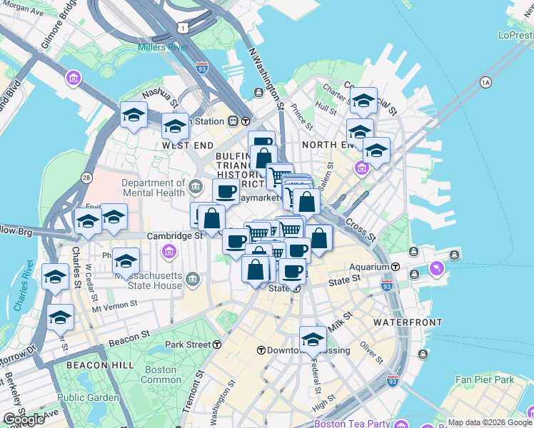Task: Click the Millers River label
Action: click(x=163, y=48)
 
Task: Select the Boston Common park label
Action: click(x=161, y=374)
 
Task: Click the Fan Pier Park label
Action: click(x=485, y=379)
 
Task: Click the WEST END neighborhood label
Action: click(x=188, y=145)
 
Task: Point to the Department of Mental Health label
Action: click(x=153, y=188)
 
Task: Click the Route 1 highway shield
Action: click(x=184, y=27)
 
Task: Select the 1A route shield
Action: click(x=486, y=82)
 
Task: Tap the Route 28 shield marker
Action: click(x=86, y=176)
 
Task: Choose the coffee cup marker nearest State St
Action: click(x=291, y=271)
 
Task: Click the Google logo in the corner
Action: click(x=24, y=419)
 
